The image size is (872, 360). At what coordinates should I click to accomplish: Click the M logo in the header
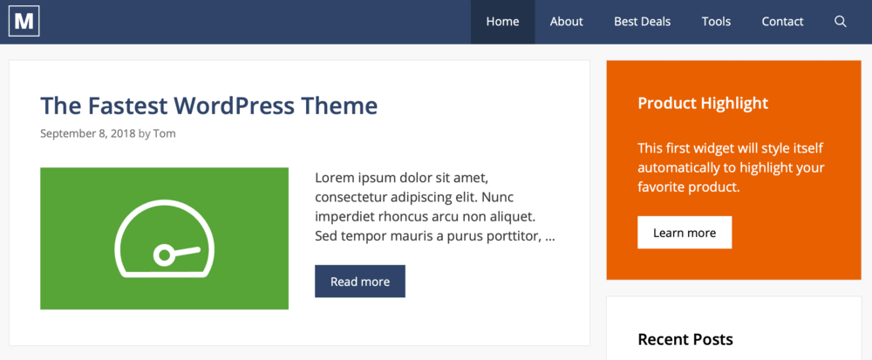pyautogui.click(x=24, y=22)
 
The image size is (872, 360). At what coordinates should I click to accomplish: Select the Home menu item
pyautogui.click(x=502, y=22)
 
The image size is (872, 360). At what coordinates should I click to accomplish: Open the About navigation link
pyautogui.click(x=566, y=22)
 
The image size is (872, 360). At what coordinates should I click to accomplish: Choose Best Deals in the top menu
pyautogui.click(x=642, y=22)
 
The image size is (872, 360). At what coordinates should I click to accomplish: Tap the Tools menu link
pyautogui.click(x=716, y=22)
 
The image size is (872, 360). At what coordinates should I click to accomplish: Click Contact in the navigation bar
pyautogui.click(x=782, y=22)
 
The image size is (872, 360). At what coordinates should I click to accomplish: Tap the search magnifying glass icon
pyautogui.click(x=841, y=22)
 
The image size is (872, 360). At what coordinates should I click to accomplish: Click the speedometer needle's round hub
pyautogui.click(x=163, y=255)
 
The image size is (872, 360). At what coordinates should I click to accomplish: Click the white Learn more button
pyautogui.click(x=685, y=233)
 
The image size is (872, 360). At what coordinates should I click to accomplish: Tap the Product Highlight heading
pyautogui.click(x=703, y=103)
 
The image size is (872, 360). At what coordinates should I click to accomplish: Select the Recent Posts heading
pyautogui.click(x=685, y=339)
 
